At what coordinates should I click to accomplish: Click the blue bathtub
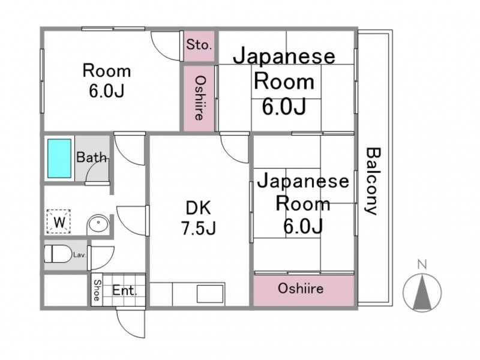pyautogui.click(x=59, y=158)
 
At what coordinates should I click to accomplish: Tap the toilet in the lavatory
pyautogui.click(x=57, y=253)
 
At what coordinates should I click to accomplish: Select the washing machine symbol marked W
pyautogui.click(x=59, y=221)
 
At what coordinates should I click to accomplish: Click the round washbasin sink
pyautogui.click(x=98, y=224)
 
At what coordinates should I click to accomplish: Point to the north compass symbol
pyautogui.click(x=422, y=292)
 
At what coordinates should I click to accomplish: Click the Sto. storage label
pyautogui.click(x=199, y=45)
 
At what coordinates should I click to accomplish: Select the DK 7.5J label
pyautogui.click(x=199, y=218)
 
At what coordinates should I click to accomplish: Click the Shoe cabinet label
pyautogui.click(x=97, y=290)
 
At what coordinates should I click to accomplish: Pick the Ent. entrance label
pyautogui.click(x=124, y=290)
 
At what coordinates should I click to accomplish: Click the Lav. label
pyautogui.click(x=79, y=254)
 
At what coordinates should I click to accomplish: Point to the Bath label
pyautogui.click(x=92, y=157)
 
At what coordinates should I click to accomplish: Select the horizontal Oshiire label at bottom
pyautogui.click(x=301, y=289)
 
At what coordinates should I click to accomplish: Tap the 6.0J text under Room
pyautogui.click(x=107, y=91)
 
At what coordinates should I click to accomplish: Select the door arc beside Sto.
pyautogui.click(x=166, y=46)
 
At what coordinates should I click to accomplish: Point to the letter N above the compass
pyautogui.click(x=422, y=264)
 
